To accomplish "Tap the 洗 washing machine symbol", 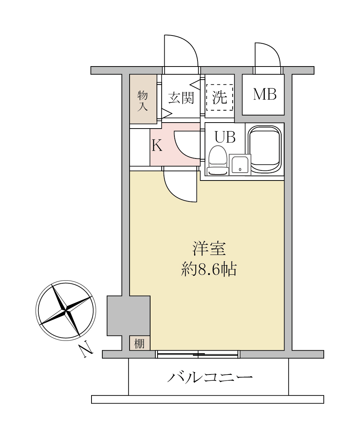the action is [220, 97].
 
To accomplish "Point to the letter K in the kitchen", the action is [157, 146].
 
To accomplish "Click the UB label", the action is [225, 137].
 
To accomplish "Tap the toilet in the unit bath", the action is [217, 161].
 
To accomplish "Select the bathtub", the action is [265, 149].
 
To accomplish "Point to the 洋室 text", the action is [209, 249].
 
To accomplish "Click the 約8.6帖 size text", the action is [208, 269].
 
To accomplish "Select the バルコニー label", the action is [210, 377].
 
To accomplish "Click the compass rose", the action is [66, 311].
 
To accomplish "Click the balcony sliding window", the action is [198, 354].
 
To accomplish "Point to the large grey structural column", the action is [129, 315].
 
